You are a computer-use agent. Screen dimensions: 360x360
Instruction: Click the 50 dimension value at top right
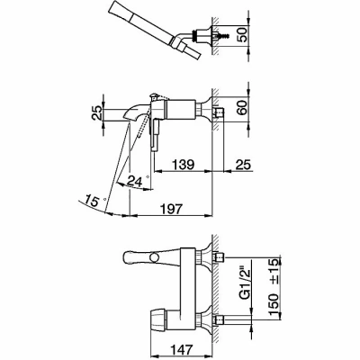(x=243, y=34)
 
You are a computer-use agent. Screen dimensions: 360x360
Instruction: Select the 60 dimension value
(x=243, y=107)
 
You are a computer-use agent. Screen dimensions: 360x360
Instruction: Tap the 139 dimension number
(x=183, y=165)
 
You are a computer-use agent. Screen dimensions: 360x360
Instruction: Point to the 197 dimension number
(x=171, y=209)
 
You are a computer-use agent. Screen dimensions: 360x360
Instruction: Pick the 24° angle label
(x=138, y=180)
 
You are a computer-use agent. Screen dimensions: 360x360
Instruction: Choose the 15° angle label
(x=95, y=200)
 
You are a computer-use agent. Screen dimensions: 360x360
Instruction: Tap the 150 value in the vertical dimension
(x=274, y=304)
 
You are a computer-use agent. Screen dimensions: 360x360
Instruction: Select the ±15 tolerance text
(x=274, y=269)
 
